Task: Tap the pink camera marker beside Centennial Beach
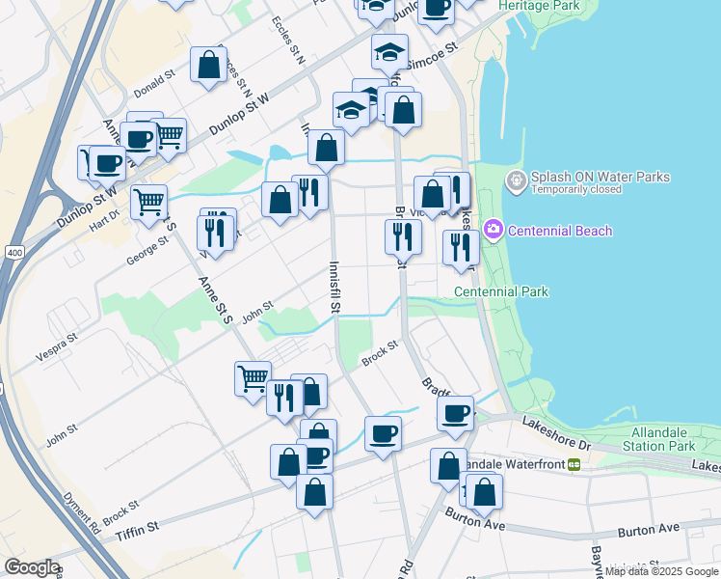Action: pyautogui.click(x=494, y=230)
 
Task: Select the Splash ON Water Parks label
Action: pyautogui.click(x=600, y=177)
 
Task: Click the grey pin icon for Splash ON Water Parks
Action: pyautogui.click(x=517, y=179)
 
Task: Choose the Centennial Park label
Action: pyautogui.click(x=500, y=291)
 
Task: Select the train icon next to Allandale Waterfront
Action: pyautogui.click(x=574, y=464)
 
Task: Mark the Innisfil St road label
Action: pyautogui.click(x=335, y=287)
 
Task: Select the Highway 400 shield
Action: pyautogui.click(x=13, y=253)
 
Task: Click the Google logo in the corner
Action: pyautogui.click(x=32, y=567)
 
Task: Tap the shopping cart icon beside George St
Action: pyautogui.click(x=149, y=203)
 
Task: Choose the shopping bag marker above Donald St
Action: pyautogui.click(x=208, y=66)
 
